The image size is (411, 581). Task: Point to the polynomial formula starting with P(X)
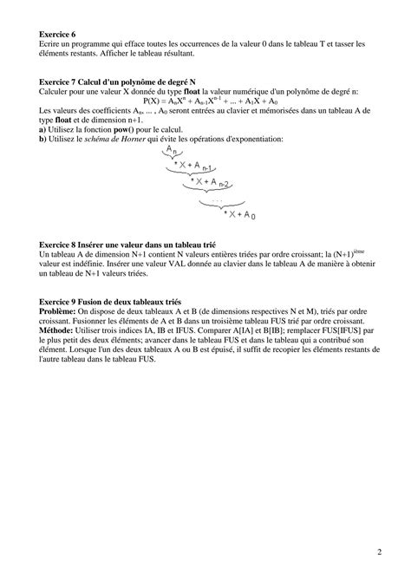click(x=204, y=101)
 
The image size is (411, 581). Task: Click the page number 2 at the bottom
click(x=380, y=552)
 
